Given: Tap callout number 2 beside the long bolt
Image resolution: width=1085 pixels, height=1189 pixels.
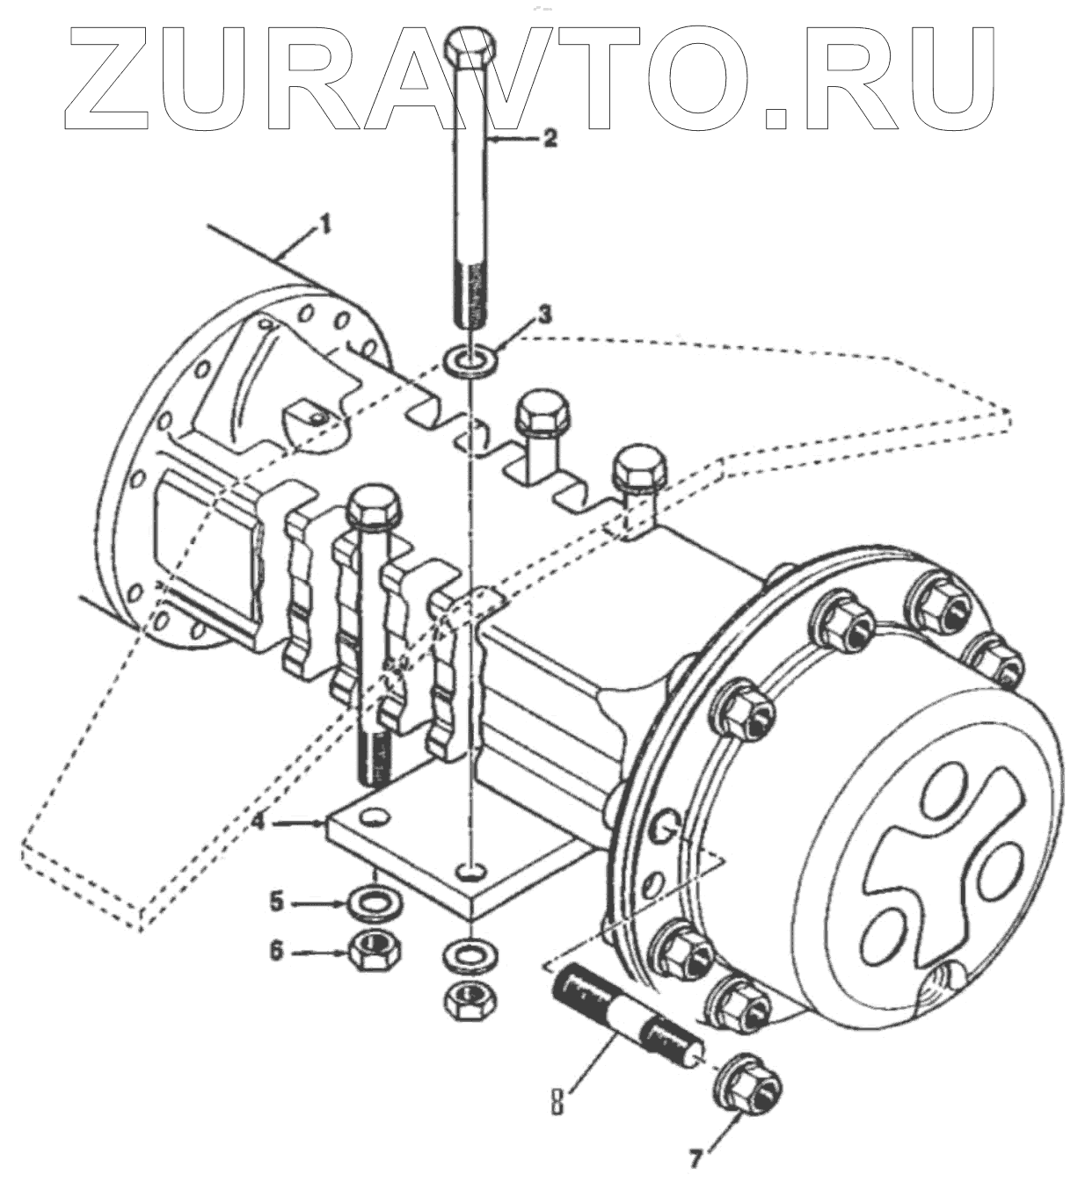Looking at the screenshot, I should coord(549,138).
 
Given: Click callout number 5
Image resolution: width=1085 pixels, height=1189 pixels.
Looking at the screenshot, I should coord(277,900).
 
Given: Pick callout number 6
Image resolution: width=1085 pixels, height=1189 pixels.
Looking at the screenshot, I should coord(277,950).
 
